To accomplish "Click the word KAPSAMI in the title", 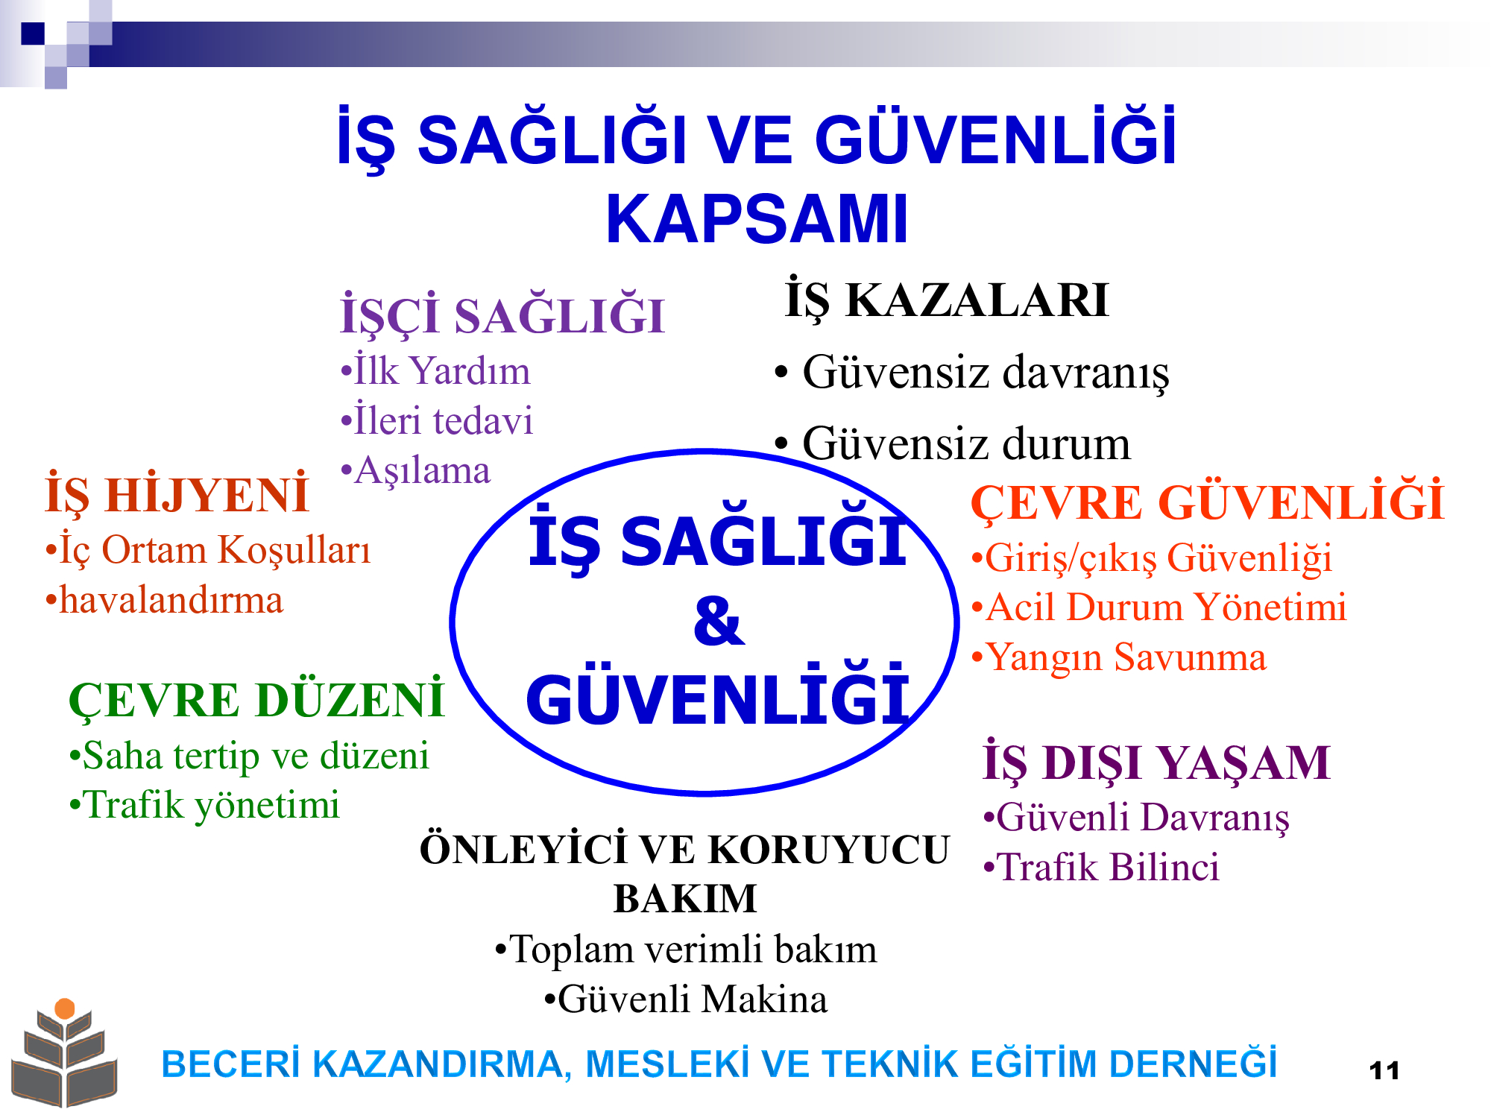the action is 757,219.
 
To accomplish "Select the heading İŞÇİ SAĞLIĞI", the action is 502,315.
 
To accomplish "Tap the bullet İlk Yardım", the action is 435,370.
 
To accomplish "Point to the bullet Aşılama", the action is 415,471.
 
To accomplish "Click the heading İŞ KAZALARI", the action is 947,300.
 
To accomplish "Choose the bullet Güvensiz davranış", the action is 972,373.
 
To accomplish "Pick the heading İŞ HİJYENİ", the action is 177,495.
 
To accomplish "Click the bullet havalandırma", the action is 164,601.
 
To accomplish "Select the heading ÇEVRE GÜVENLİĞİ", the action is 1208,502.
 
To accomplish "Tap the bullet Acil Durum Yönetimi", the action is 1159,607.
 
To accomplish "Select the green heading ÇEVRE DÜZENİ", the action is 256,701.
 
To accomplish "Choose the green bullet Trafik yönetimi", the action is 204,806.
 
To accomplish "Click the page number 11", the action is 1384,1071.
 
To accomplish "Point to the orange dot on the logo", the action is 65,1008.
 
